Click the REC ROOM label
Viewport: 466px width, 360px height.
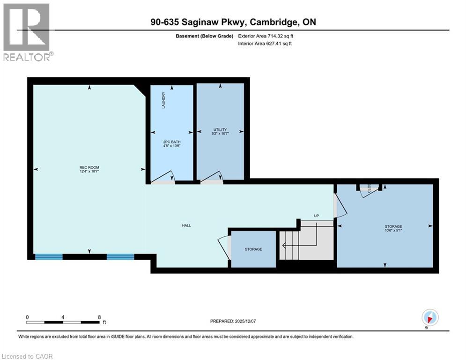89,168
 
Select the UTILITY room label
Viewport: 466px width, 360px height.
220,130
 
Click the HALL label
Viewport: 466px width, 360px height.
186,225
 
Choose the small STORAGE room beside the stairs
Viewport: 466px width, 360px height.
253,249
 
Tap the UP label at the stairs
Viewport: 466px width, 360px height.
317,216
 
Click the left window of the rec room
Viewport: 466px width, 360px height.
49,256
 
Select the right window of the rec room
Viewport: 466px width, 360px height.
120,256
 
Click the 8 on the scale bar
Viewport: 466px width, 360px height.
99,317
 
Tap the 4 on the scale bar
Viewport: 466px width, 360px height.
63,317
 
